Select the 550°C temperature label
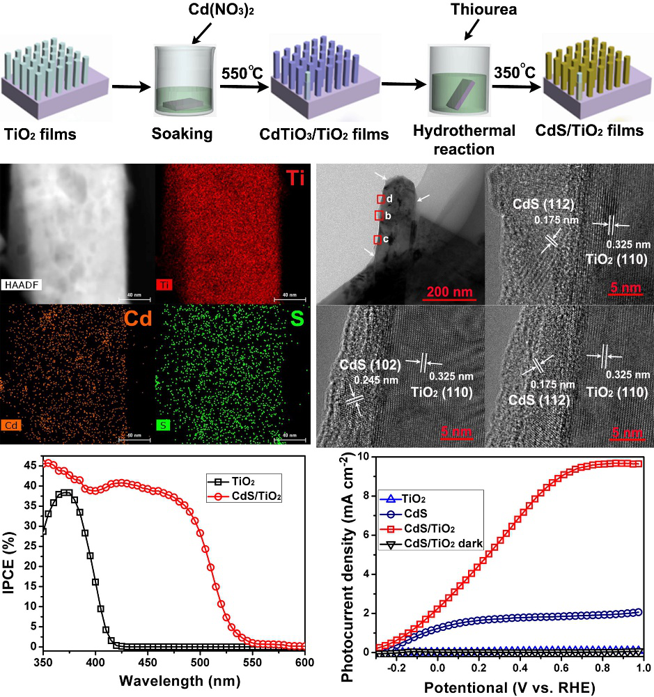tap(240, 72)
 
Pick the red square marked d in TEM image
tap(381, 199)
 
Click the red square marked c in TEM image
tap(377, 240)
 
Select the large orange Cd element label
tap(136, 318)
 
